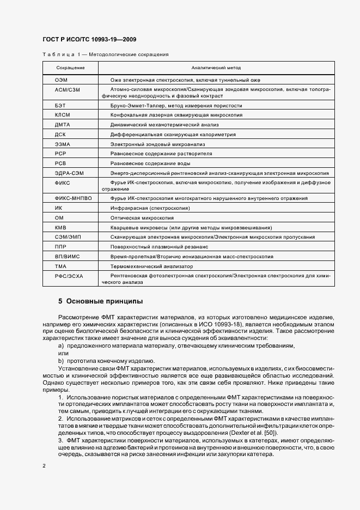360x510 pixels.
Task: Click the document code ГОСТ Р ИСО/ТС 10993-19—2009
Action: (89, 40)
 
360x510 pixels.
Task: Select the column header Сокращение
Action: (70, 68)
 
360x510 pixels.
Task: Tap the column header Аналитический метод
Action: (216, 68)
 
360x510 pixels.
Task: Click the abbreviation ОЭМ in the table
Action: (61, 80)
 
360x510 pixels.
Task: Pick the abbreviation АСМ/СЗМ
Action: (68, 89)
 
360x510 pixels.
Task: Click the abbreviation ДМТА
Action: (63, 125)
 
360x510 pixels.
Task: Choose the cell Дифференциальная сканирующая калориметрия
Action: (173, 134)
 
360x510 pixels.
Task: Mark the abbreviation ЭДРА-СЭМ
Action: (69, 173)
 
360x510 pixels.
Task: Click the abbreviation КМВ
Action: (61, 227)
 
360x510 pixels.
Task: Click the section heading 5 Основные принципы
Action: (101, 301)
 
